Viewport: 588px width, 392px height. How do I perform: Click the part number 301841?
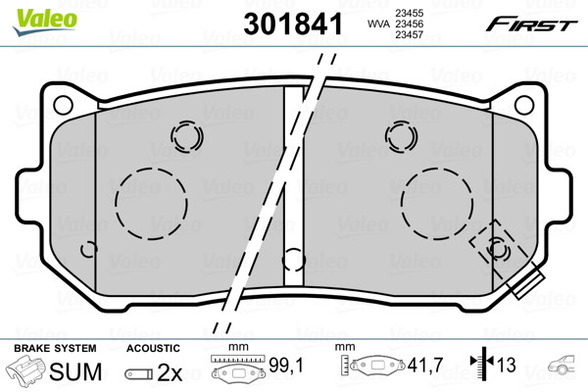(x=293, y=24)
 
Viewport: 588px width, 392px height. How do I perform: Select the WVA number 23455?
(x=409, y=13)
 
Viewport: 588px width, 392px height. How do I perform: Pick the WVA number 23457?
(x=409, y=35)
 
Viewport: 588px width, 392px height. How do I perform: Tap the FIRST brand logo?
(x=531, y=25)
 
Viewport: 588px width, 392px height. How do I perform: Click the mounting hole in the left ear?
(x=63, y=105)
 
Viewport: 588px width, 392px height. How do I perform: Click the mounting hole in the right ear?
(x=524, y=105)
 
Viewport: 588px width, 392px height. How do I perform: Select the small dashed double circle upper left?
(x=187, y=122)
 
